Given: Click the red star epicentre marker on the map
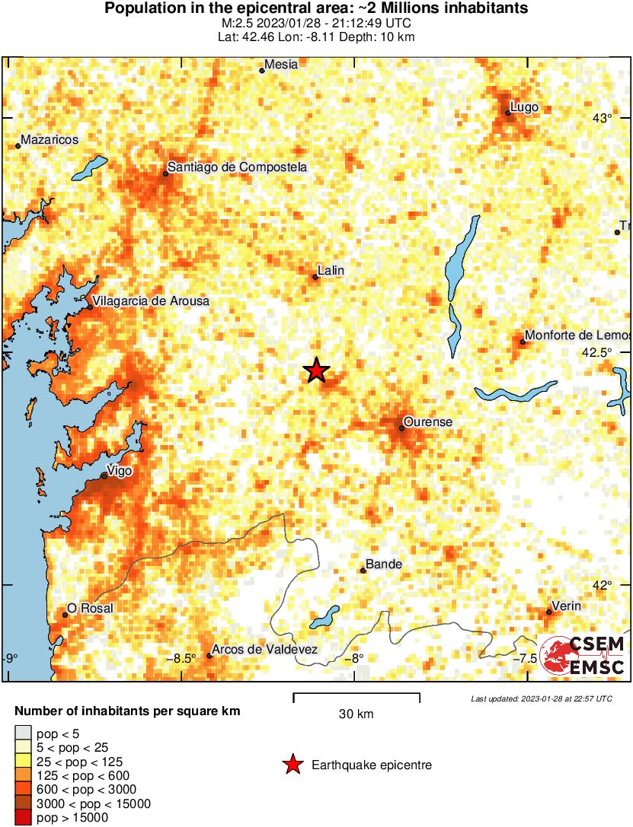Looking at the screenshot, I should pos(317,371).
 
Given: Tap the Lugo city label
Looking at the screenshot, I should pos(524,107).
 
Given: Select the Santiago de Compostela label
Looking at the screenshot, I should pos(237,167).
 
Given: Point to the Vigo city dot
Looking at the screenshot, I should pos(104,476).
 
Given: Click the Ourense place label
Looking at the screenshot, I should pos(427,421).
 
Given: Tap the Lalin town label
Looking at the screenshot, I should pos(331,270).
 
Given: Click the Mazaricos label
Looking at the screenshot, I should pos(50,140).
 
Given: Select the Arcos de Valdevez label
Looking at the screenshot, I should pos(264,650).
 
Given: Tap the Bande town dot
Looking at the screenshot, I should pos(363,571).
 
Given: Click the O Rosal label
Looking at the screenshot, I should pos(90,608).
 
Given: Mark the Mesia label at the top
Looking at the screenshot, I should pos(281,65).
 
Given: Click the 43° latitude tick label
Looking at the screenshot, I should pos(603,118).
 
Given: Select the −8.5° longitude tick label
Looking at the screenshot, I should pos(184,658).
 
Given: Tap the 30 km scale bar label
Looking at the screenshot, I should pos(356,714).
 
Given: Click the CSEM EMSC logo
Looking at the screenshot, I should pos(582,656).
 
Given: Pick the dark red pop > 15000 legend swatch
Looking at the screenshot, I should pos(24,818).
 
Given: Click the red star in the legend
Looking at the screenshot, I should pos(293,765).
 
